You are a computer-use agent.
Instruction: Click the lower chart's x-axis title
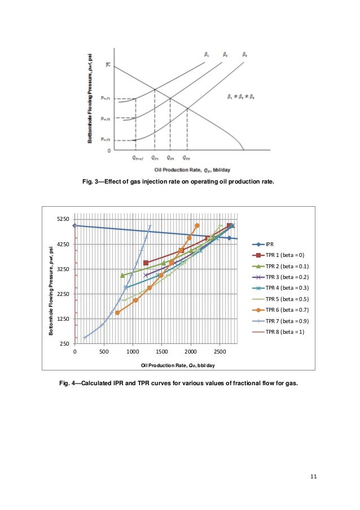pos(178,365)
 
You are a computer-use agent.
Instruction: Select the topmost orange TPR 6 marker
pos(197,225)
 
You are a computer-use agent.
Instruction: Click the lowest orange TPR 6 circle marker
pos(117,312)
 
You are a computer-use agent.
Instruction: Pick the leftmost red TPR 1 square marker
pos(146,263)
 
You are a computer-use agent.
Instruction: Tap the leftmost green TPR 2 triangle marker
pos(122,275)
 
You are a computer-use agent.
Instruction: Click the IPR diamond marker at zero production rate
pos(75,225)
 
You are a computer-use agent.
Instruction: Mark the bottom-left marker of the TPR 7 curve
pos(85,338)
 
